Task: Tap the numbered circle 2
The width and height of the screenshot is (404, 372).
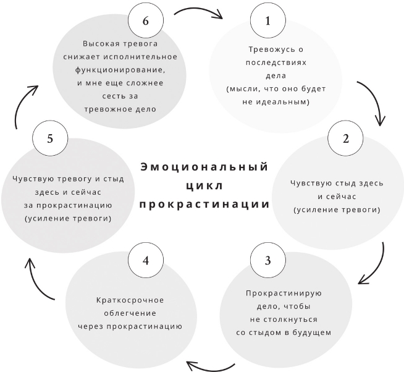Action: [346, 138]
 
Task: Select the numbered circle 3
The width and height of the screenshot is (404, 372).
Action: [267, 260]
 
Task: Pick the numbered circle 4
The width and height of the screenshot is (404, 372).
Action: [146, 260]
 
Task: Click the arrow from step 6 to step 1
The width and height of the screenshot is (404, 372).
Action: [198, 12]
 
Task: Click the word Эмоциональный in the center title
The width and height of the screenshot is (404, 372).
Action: [204, 167]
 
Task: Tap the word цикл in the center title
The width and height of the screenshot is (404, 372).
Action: [204, 186]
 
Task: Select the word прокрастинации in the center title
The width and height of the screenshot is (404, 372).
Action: [204, 204]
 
